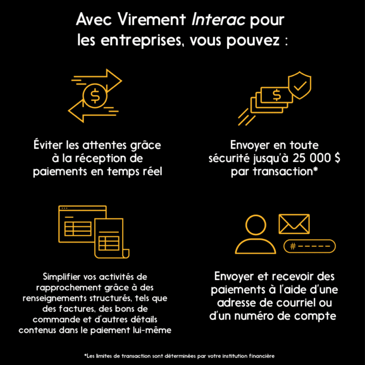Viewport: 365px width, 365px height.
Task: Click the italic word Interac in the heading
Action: (219, 20)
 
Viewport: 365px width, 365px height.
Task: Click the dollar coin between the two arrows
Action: (94, 95)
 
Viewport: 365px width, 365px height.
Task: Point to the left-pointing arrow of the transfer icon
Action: (79, 112)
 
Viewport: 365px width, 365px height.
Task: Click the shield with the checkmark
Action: (299, 86)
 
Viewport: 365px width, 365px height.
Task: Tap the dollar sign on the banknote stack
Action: (277, 95)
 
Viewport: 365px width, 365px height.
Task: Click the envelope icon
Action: (294, 223)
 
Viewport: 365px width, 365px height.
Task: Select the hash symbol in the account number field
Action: (293, 246)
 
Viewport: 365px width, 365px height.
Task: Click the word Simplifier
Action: (59, 277)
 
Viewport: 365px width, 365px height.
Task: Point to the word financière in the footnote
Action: (262, 356)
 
